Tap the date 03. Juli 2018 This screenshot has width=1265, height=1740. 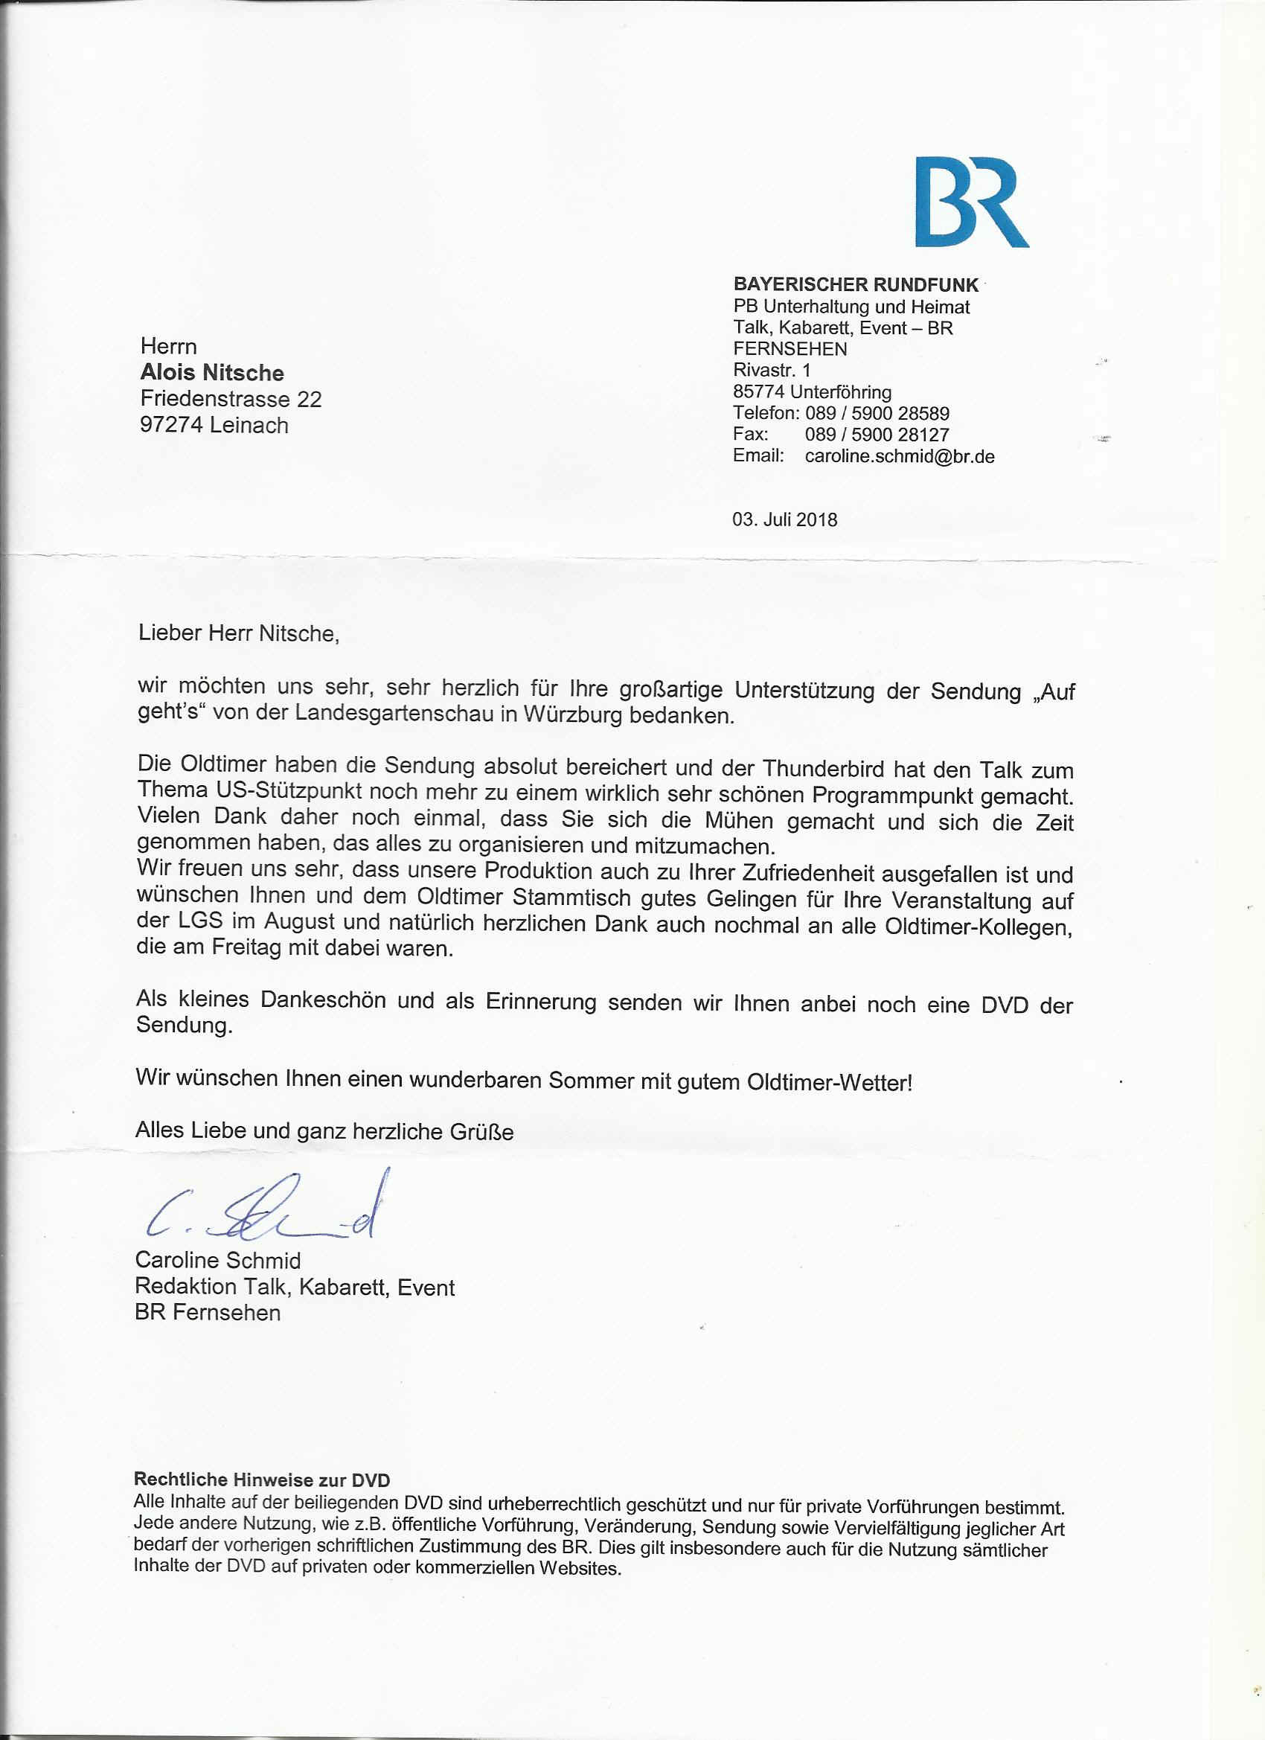pos(785,519)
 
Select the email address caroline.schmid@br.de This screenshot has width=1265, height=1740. pos(899,456)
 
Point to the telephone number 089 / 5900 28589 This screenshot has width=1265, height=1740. pos(877,414)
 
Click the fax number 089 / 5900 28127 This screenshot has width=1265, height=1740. pos(877,435)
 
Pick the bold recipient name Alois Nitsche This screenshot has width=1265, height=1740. pos(212,373)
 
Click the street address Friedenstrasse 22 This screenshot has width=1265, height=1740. pos(231,399)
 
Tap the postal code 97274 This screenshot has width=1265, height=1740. pos(171,425)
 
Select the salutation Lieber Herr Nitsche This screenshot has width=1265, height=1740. pos(238,633)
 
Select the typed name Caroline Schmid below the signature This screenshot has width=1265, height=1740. pos(218,1261)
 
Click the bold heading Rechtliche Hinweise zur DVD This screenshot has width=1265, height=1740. pos(262,1480)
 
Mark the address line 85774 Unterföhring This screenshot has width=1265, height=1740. pos(812,392)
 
